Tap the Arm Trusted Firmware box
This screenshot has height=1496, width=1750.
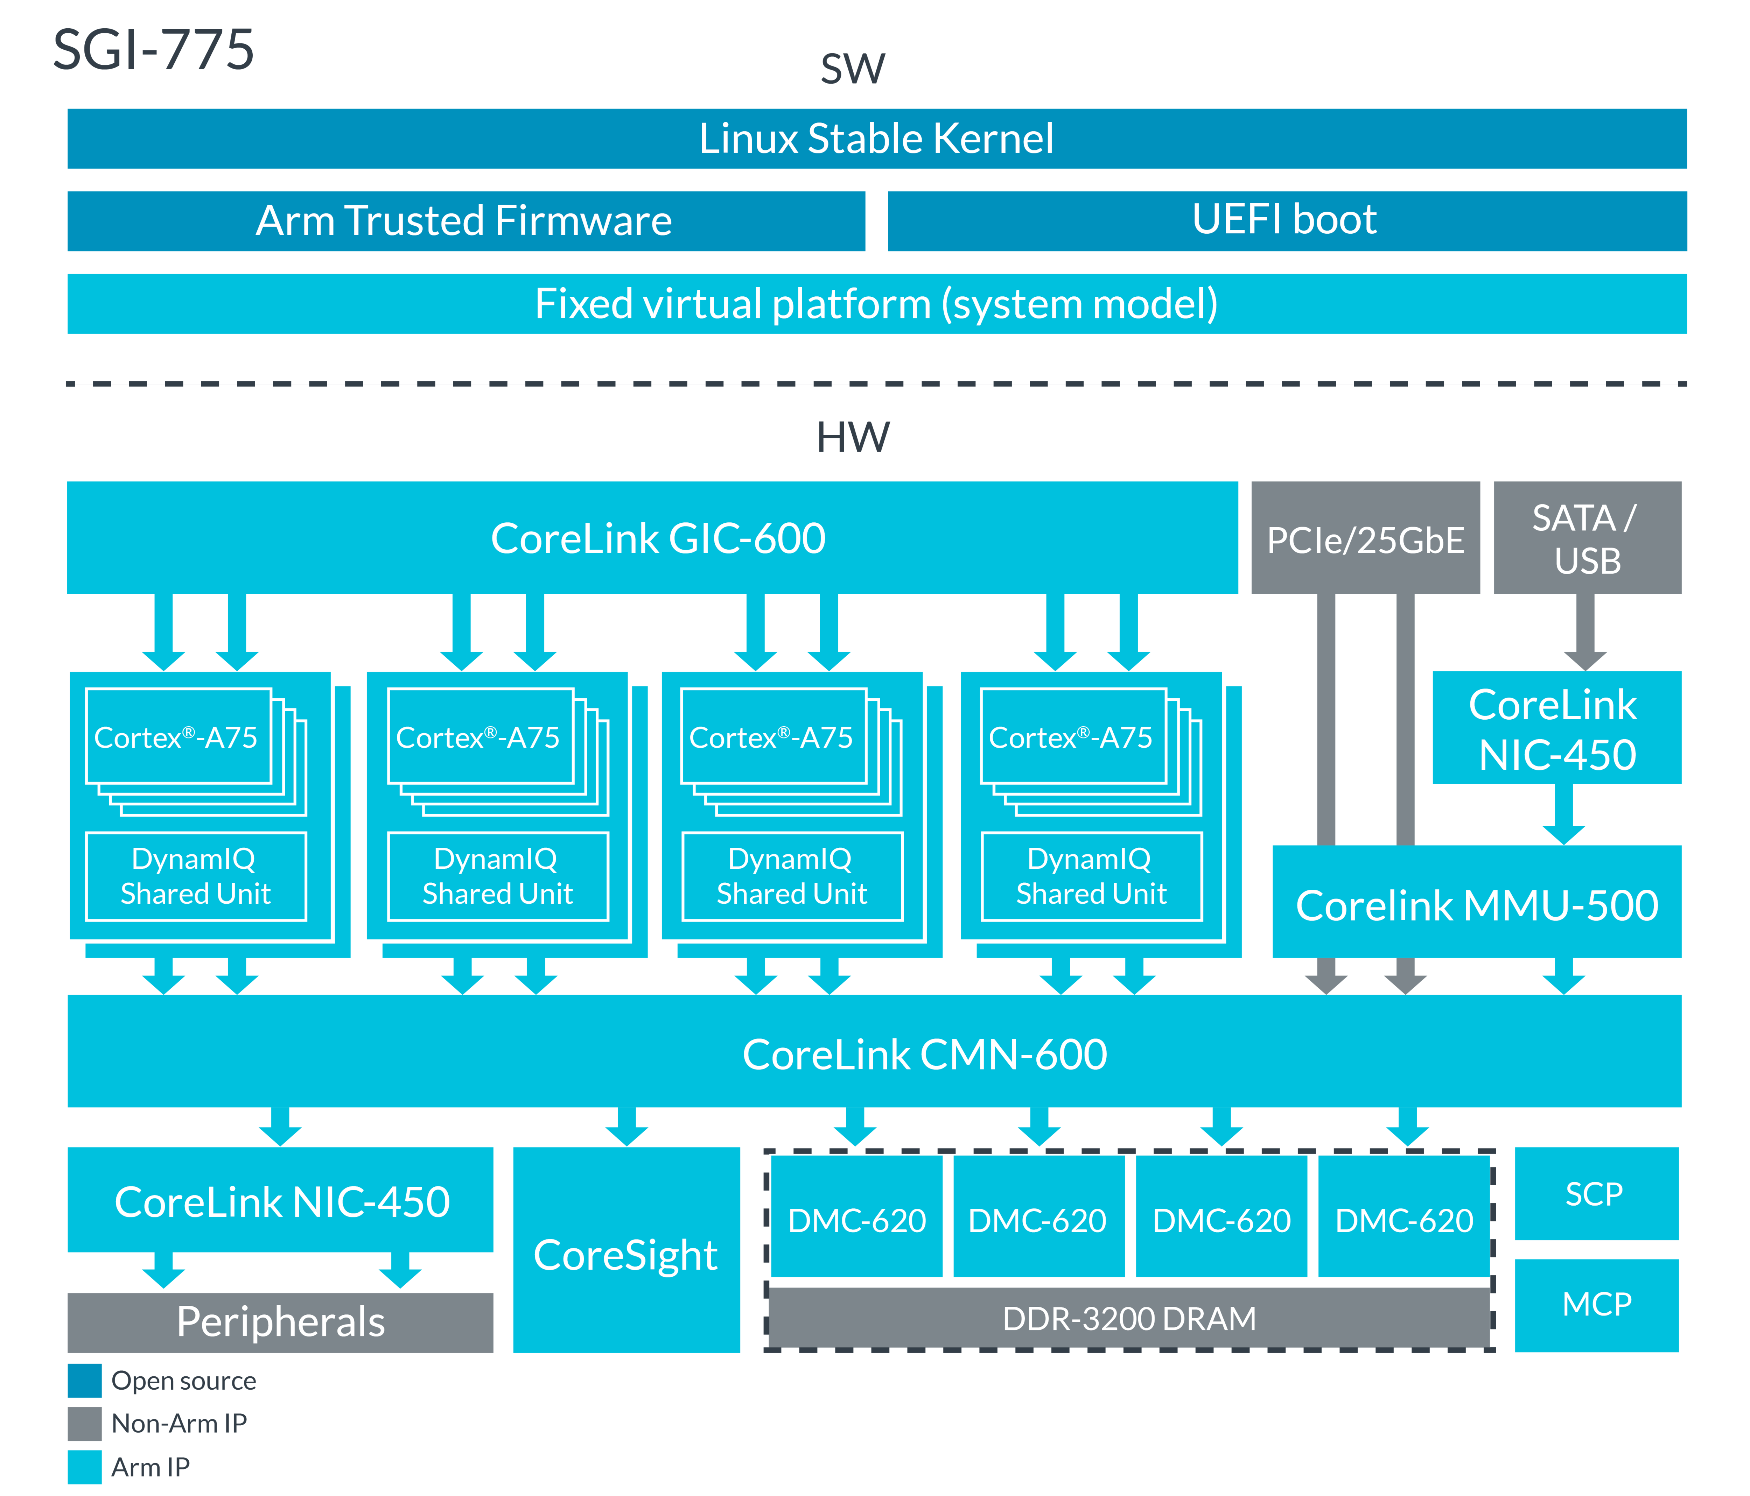click(x=465, y=220)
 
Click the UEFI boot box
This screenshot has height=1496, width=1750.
click(x=1286, y=220)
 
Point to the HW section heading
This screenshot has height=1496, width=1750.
click(x=853, y=437)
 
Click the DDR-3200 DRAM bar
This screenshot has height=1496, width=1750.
click(x=1129, y=1318)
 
